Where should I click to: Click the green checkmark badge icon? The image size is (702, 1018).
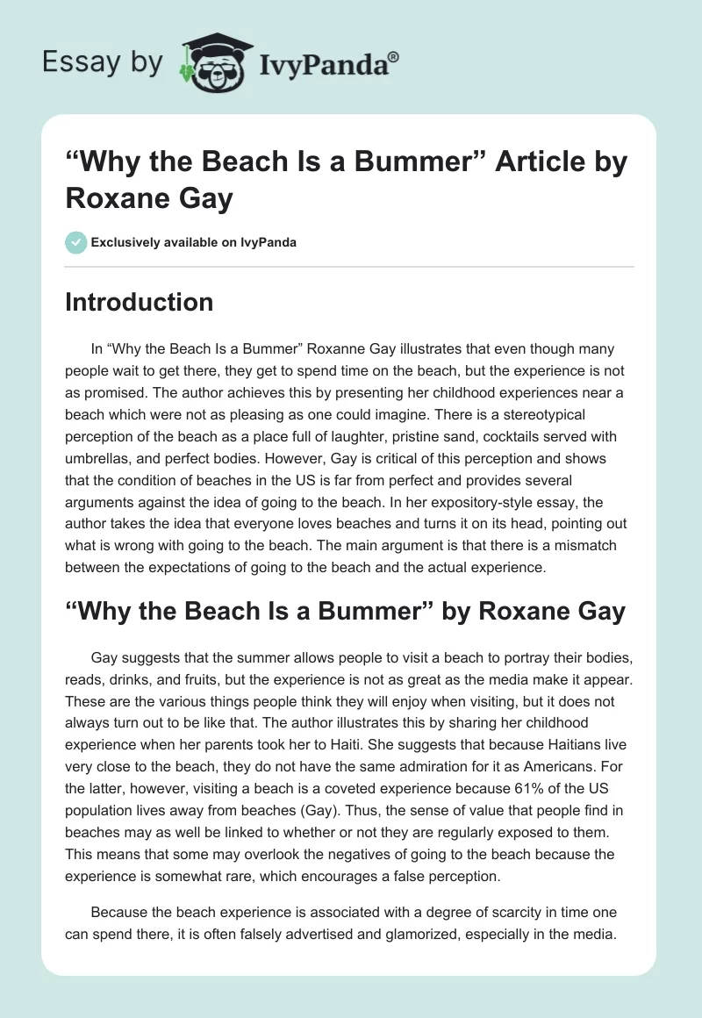75,242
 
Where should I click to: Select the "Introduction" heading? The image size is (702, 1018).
139,302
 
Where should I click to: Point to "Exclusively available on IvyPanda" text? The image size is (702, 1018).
194,242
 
